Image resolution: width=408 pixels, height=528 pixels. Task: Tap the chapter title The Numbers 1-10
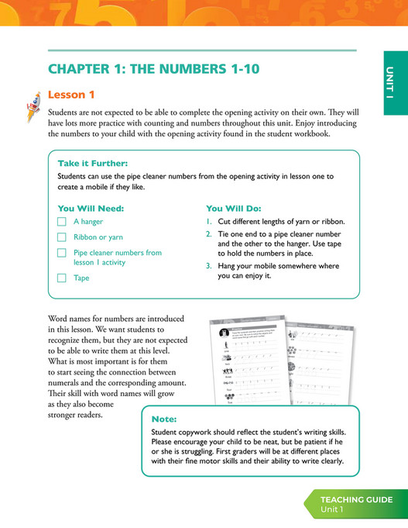click(x=154, y=69)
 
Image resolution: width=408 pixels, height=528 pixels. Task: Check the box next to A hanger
click(x=63, y=222)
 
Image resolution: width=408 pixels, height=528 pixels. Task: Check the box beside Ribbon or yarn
click(x=63, y=237)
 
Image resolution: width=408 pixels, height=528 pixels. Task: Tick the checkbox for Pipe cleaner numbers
click(x=63, y=253)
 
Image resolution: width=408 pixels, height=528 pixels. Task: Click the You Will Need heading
click(x=91, y=208)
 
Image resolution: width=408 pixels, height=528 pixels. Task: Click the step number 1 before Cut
click(x=208, y=222)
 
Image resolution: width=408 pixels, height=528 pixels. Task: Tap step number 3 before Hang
click(x=208, y=266)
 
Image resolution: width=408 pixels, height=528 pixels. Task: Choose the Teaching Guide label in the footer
click(x=356, y=499)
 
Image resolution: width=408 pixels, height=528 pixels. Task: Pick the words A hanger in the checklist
click(x=88, y=222)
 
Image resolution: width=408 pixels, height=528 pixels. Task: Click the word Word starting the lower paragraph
click(x=60, y=319)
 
